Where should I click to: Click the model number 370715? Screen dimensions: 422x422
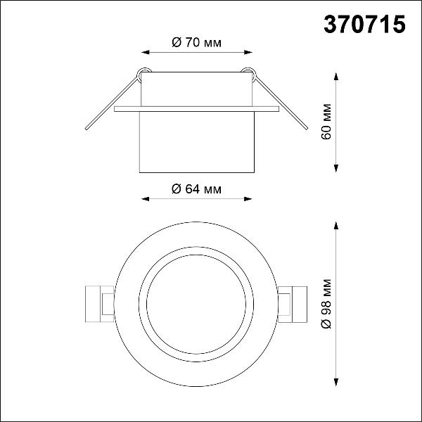click(364, 24)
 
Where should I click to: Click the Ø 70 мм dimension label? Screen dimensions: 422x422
click(197, 42)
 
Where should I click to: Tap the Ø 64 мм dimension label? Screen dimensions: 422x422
click(197, 189)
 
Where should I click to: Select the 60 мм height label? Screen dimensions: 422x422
click(326, 122)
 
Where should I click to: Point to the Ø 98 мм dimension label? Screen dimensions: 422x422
click(326, 304)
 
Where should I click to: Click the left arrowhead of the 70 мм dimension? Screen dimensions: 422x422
click(146, 52)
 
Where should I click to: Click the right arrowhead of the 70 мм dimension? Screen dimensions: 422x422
click(248, 52)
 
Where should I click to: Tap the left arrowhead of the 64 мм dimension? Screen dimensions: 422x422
click(146, 199)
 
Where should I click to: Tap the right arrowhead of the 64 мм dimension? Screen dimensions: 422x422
click(248, 199)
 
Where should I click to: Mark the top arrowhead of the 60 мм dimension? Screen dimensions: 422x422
click(336, 76)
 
